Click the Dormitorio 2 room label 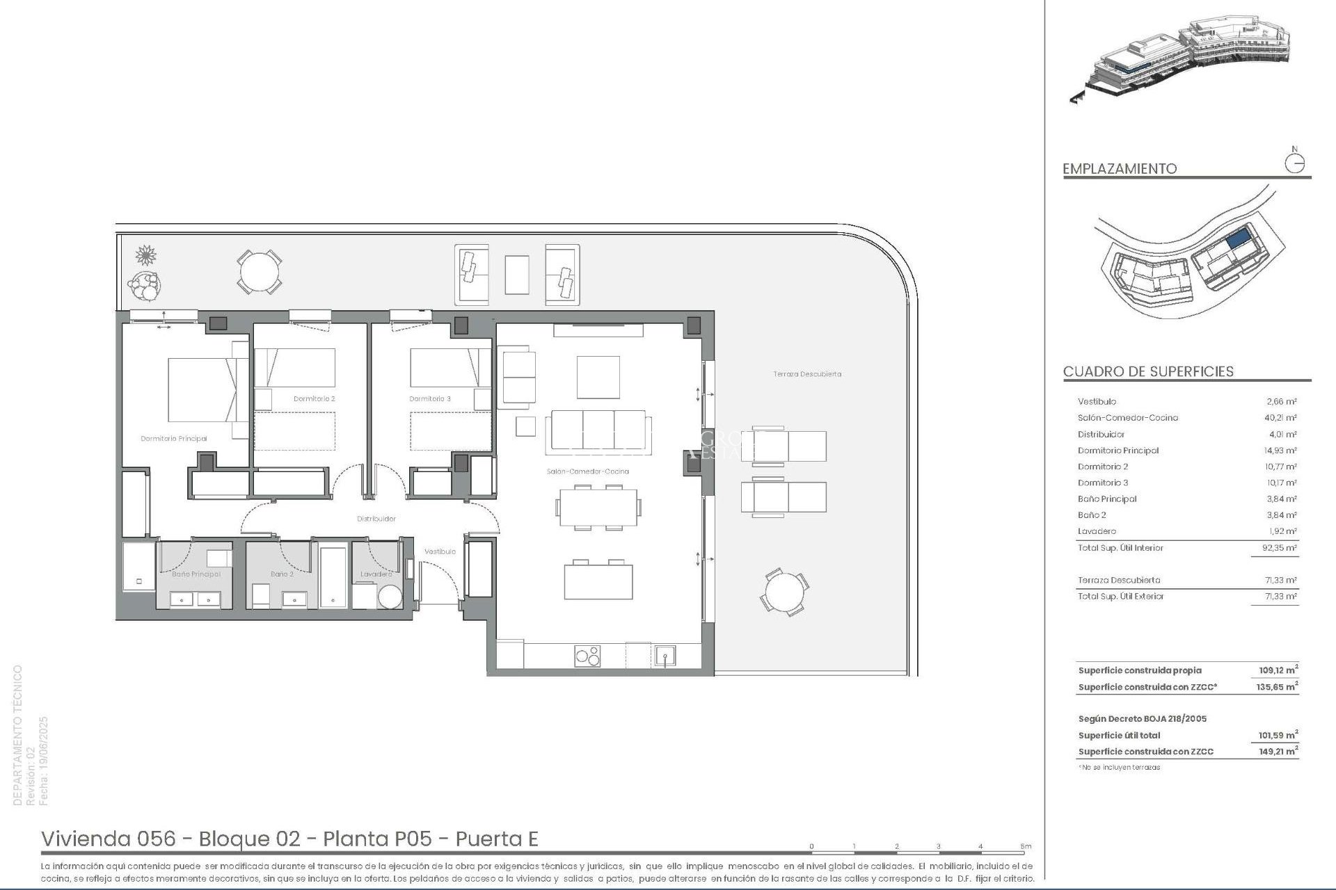click(x=314, y=399)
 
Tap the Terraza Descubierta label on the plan click(x=807, y=374)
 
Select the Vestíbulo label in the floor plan click(x=440, y=551)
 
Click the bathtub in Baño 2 click(x=333, y=576)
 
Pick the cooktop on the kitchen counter click(x=587, y=656)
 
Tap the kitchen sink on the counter click(x=665, y=656)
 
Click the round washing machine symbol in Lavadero click(x=390, y=597)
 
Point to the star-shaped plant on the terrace click(x=145, y=255)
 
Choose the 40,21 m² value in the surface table click(x=1281, y=418)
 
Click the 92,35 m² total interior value click(x=1281, y=548)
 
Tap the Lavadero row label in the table click(x=1097, y=531)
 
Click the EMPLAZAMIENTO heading click(x=1119, y=168)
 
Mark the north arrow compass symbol click(x=1294, y=163)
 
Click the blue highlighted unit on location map click(x=1236, y=241)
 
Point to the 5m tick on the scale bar click(x=1026, y=847)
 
